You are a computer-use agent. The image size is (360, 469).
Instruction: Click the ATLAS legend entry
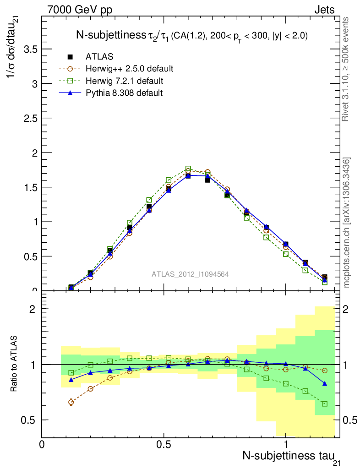click(99, 57)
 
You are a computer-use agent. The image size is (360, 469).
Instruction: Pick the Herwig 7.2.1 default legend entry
click(125, 81)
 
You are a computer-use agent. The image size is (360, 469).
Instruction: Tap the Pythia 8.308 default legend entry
click(124, 93)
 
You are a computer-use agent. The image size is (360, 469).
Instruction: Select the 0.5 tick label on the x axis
click(164, 444)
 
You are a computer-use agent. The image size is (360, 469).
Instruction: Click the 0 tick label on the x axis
click(42, 444)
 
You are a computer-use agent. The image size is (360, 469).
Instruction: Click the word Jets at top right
click(324, 10)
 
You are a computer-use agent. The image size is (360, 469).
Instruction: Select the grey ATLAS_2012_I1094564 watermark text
click(190, 274)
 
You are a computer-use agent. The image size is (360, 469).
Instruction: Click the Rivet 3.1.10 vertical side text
click(346, 69)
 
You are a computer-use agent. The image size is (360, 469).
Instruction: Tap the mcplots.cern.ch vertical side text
click(347, 223)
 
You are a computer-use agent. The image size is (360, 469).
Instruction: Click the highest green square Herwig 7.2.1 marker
click(188, 169)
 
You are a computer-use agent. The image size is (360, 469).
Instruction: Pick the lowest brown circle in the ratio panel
click(71, 402)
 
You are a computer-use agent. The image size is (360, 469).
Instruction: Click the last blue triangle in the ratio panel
click(325, 383)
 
